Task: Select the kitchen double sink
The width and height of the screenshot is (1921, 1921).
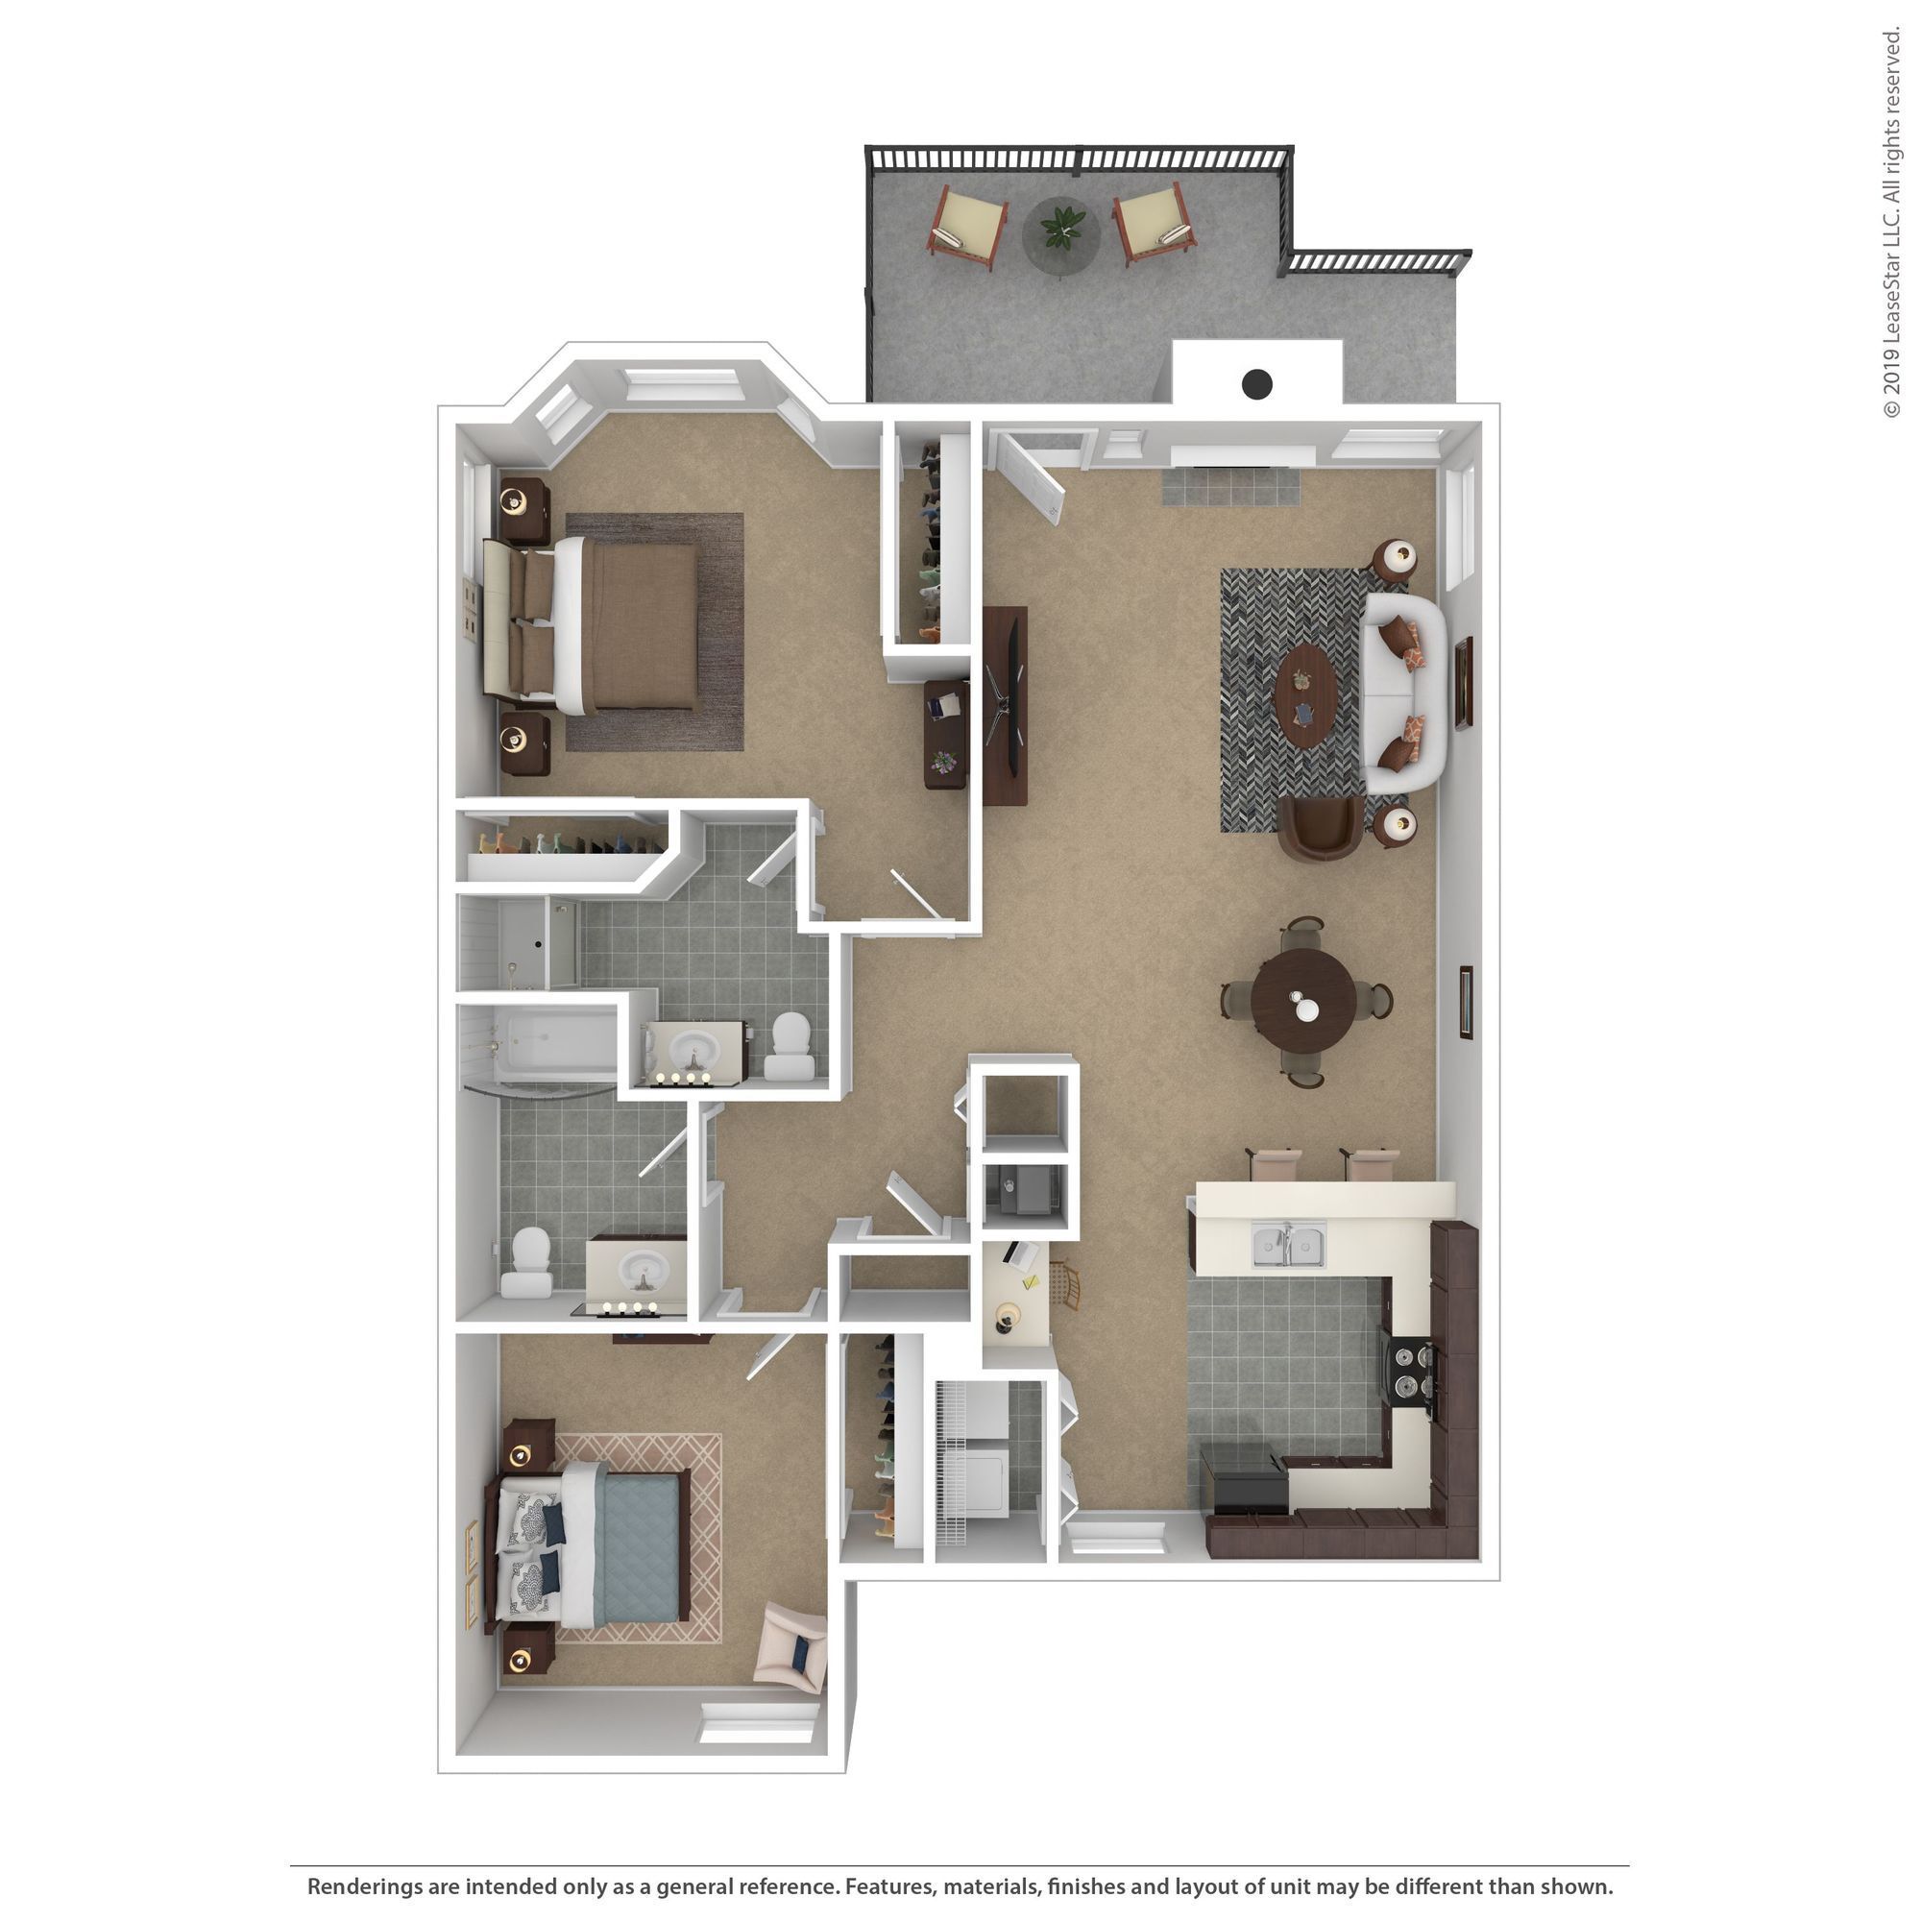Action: click(x=1288, y=1246)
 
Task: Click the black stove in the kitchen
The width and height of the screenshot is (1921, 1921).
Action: click(x=1413, y=1373)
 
